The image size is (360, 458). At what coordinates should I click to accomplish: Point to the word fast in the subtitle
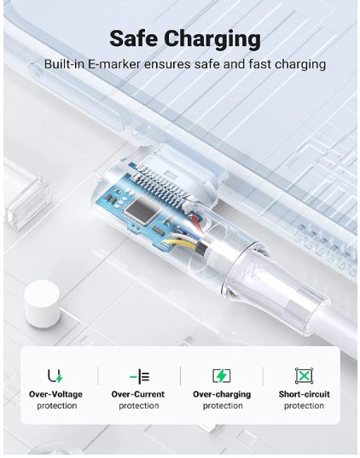260,64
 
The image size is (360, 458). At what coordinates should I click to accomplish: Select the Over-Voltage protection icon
55,376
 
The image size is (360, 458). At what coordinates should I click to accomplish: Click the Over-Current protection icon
139,376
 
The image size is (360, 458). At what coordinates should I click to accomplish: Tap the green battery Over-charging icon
222,376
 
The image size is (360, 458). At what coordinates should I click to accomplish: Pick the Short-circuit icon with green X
304,376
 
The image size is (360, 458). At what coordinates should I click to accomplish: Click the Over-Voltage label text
55,394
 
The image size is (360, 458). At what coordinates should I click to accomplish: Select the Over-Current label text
138,394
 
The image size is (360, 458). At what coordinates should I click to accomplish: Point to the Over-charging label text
222,395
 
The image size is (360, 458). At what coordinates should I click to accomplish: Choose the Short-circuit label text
305,394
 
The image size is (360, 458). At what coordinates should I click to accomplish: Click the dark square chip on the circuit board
142,209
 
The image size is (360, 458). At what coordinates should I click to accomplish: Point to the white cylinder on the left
43,304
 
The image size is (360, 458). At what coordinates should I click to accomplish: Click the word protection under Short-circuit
304,406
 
